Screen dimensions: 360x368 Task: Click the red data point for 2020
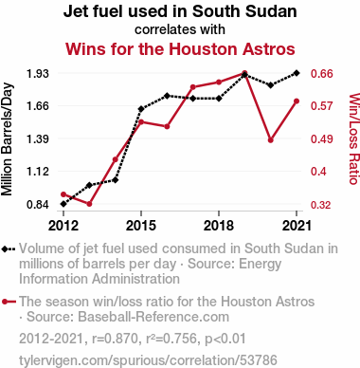click(271, 140)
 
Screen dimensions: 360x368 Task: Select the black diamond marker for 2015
click(141, 109)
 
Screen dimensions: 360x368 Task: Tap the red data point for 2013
click(89, 204)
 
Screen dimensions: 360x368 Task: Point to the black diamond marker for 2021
click(297, 73)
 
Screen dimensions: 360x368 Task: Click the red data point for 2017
click(193, 87)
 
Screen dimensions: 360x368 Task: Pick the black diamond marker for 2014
click(116, 180)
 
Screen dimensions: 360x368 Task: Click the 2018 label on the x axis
click(219, 226)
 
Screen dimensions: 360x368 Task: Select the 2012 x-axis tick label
click(63, 226)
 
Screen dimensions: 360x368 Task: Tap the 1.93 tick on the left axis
click(38, 74)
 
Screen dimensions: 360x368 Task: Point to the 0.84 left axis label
click(38, 205)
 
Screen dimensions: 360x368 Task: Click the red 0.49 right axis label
click(322, 138)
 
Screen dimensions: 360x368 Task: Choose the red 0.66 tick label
click(322, 74)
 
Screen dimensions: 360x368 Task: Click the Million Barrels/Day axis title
click(7, 139)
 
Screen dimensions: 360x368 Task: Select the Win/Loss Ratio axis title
click(354, 138)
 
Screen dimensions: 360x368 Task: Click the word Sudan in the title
click(271, 11)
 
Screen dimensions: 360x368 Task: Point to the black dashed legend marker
click(9, 249)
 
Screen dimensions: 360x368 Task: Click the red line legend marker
click(9, 302)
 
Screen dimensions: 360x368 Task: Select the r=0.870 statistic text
click(116, 339)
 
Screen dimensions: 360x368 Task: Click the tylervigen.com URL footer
click(148, 360)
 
